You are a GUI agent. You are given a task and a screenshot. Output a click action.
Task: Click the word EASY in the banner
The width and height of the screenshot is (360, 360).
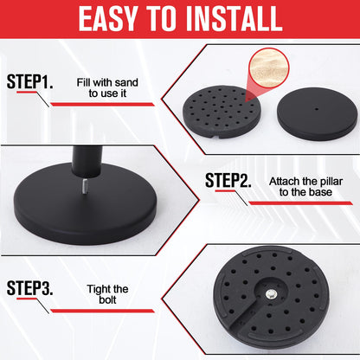click(107, 18)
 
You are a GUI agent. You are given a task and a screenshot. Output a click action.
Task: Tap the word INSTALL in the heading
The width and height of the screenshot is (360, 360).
click(233, 18)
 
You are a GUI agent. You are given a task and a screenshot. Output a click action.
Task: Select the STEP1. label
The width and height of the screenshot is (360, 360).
click(29, 81)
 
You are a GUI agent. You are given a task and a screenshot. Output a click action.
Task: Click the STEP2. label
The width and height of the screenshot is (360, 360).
click(228, 180)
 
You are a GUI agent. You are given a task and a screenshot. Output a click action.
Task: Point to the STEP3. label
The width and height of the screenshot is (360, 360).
click(29, 287)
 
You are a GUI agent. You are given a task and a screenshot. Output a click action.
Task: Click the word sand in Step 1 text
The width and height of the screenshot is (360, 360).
click(126, 82)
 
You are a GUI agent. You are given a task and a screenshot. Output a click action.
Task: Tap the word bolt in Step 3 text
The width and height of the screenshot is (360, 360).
click(107, 299)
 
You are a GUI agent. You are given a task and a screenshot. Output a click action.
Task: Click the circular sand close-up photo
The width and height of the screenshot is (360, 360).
click(269, 67)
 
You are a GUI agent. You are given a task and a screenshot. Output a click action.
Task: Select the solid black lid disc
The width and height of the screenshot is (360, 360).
click(317, 113)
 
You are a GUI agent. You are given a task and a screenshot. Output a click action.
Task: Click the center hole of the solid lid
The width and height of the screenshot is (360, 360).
click(317, 109)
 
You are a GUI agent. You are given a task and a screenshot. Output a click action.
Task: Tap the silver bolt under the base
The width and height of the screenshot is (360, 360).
click(271, 294)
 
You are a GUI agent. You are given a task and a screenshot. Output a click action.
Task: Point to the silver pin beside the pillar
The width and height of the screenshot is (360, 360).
click(85, 187)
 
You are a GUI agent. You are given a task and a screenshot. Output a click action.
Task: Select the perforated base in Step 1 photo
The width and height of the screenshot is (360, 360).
click(222, 112)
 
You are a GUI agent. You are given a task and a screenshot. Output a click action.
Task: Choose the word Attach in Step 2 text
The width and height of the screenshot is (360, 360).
click(284, 182)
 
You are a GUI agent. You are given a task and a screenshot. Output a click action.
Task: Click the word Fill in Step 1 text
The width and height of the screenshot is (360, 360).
click(83, 82)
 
